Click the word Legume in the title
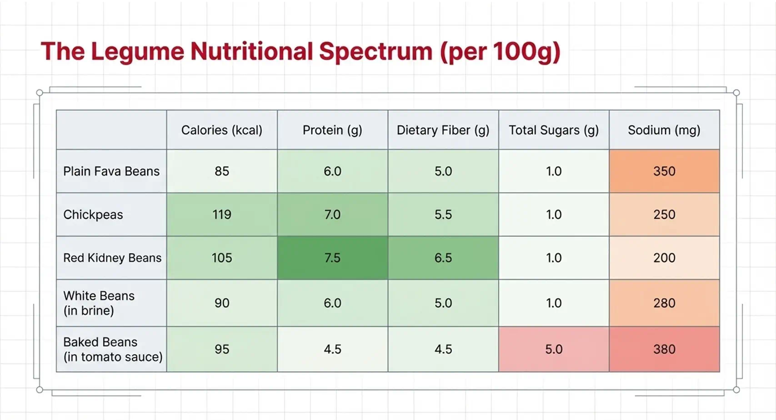(x=138, y=52)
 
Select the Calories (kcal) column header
(x=222, y=130)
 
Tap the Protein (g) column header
(x=332, y=130)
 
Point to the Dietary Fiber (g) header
(x=443, y=130)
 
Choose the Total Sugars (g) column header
(x=554, y=130)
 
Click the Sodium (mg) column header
(x=664, y=130)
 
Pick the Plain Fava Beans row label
(x=111, y=171)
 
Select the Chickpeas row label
(x=93, y=215)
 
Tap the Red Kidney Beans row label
(x=112, y=258)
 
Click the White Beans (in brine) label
(x=99, y=303)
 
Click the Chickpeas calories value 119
(x=222, y=214)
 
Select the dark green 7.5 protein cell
(x=332, y=258)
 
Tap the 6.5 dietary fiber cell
(x=443, y=258)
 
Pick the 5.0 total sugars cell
(x=554, y=349)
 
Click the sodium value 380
(x=664, y=349)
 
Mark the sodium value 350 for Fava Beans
(x=664, y=171)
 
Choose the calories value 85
(x=222, y=171)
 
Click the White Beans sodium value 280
(x=664, y=303)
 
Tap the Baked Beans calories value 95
(x=222, y=349)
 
